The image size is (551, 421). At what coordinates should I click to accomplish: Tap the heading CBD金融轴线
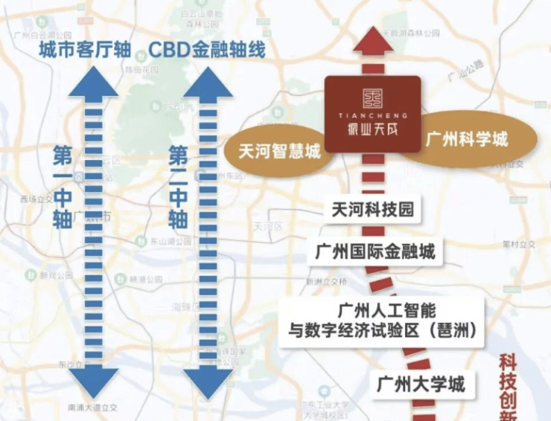point(207,50)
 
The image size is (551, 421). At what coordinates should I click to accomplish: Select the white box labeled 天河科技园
point(372,209)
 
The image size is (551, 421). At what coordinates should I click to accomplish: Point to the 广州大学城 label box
point(421,384)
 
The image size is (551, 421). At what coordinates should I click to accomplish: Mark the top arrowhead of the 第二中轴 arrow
point(209,82)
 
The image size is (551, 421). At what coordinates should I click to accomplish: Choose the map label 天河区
point(265,226)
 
